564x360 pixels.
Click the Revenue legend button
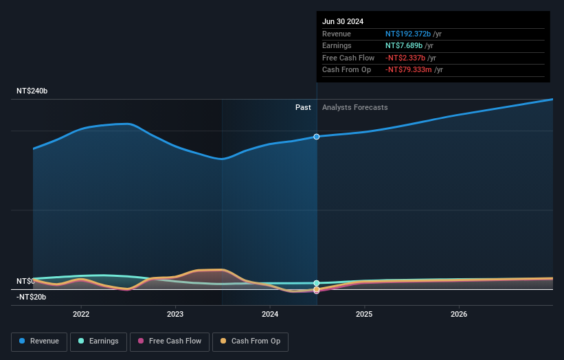coord(39,341)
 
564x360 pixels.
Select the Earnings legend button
coord(98,341)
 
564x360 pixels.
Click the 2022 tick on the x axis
coord(81,314)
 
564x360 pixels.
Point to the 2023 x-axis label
coord(175,314)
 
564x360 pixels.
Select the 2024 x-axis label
coord(270,314)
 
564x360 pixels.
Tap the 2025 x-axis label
coord(364,314)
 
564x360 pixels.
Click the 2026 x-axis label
coord(459,314)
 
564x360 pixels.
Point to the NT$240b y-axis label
coord(32,91)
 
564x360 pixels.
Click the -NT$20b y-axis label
coord(32,297)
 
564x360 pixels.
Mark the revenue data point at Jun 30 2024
coord(317,137)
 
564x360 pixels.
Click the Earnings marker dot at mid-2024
coord(317,283)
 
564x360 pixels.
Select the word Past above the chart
coord(303,108)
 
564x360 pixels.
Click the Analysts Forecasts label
coord(354,108)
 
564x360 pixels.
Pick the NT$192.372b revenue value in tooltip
coord(408,34)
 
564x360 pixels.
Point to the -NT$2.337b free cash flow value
coord(407,58)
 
